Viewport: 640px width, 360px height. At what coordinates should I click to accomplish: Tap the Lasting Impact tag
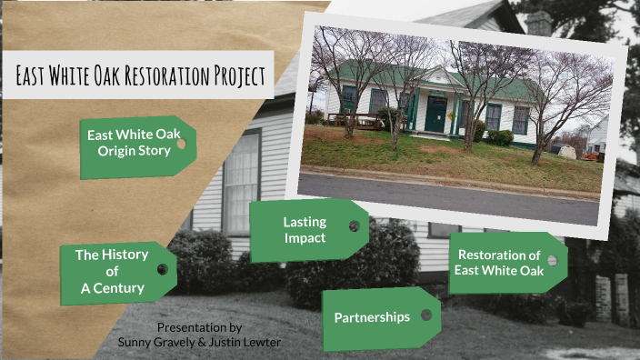point(304,230)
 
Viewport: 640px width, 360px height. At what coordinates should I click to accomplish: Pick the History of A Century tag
point(111,271)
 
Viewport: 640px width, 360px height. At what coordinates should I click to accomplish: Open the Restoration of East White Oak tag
point(500,262)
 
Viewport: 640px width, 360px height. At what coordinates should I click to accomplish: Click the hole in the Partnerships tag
point(425,315)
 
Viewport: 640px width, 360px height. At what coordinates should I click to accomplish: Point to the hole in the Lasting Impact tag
point(354,225)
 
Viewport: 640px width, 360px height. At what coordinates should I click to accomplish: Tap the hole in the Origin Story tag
point(182,143)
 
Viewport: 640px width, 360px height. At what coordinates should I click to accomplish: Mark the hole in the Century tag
point(162,269)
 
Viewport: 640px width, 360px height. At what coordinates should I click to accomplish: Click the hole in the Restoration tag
point(552,260)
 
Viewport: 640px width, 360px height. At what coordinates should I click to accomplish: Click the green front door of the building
point(435,115)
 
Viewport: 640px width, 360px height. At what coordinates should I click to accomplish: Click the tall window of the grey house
point(240,182)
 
